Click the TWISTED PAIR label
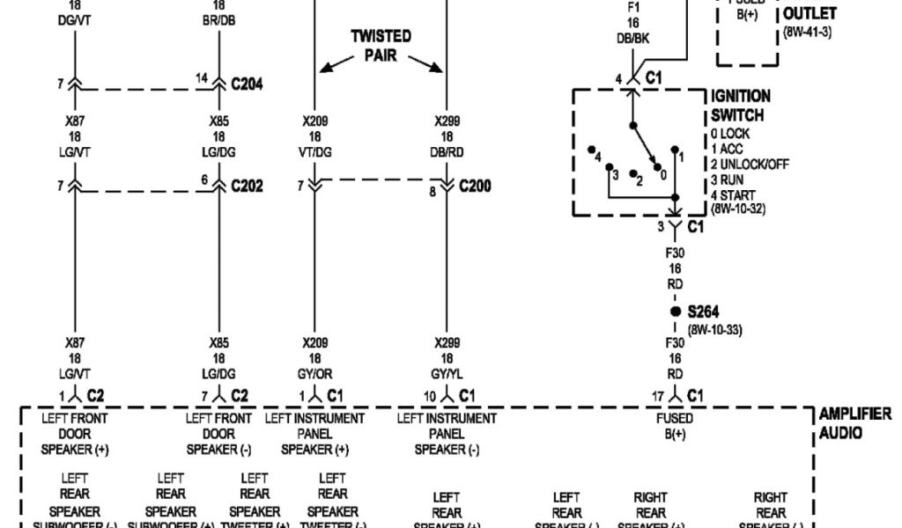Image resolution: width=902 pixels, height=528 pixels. point(381,45)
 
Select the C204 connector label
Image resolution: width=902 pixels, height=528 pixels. point(247,84)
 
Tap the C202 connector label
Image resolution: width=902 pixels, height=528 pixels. point(247,187)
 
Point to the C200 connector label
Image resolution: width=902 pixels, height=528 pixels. point(475,187)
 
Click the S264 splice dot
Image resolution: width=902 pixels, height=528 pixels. point(675,312)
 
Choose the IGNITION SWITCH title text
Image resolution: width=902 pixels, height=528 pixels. point(740,106)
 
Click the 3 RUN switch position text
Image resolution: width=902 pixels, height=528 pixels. point(731,180)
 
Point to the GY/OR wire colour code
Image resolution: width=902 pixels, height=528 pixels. point(317,373)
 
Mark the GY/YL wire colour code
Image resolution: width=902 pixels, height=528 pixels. point(448,373)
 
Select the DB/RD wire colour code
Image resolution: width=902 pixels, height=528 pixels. point(448,152)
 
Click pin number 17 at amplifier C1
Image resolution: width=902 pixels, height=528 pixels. point(657,395)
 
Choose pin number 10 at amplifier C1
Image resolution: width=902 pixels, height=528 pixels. point(429,395)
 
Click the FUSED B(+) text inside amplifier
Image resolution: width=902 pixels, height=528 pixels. point(675,427)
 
